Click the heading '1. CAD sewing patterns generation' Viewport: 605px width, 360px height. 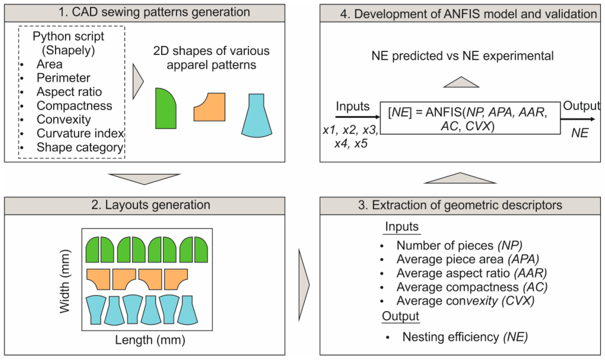154,12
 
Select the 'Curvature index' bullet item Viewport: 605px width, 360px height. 80,133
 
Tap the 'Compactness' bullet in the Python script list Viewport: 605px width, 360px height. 74,106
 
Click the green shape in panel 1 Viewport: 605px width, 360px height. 165,109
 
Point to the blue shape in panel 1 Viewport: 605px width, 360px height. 256,117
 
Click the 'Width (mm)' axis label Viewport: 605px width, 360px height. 65,281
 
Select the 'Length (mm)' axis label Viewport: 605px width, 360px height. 150,340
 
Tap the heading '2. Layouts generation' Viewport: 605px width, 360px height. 151,205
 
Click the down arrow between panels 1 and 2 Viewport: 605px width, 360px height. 144,178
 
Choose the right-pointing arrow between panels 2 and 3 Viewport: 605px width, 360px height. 303,285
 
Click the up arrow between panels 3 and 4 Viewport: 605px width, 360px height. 460,179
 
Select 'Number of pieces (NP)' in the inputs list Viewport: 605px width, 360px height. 459,245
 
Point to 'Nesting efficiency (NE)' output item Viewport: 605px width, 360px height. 465,337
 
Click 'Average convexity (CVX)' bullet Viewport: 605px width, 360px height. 465,301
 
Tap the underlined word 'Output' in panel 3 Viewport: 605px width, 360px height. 400,316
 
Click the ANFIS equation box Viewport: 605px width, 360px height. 470,118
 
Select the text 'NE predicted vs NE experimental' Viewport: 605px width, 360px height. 462,56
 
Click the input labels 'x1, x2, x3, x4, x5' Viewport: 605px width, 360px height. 351,136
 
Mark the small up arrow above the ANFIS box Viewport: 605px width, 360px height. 461,82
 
